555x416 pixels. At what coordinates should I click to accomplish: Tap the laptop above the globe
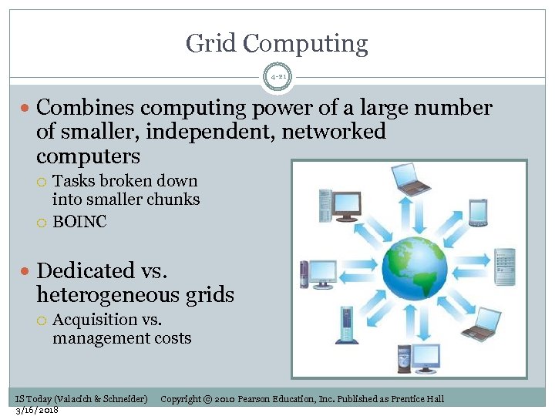click(411, 181)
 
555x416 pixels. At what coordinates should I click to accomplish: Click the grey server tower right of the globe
click(504, 267)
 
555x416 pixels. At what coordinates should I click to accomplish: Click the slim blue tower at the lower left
click(344, 325)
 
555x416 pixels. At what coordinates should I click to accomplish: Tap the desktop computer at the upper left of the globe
click(339, 204)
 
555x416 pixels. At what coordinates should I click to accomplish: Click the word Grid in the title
click(212, 43)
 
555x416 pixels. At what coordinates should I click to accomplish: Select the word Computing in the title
click(305, 45)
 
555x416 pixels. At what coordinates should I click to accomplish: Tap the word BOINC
click(79, 222)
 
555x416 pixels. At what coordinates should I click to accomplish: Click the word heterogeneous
click(116, 294)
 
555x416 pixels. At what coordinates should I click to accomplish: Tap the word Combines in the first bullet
click(84, 108)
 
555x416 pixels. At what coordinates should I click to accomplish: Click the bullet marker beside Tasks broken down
click(43, 182)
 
